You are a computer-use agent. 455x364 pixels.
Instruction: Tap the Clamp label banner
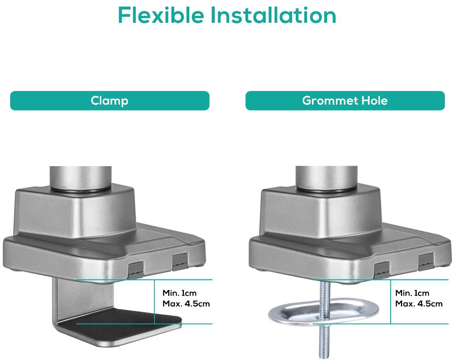[110, 101]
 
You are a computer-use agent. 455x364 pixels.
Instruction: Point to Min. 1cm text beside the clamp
[179, 293]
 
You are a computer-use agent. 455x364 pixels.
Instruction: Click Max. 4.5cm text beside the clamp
[186, 304]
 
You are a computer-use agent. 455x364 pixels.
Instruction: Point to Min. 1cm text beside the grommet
[412, 293]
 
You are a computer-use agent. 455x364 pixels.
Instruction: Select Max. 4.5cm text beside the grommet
[419, 304]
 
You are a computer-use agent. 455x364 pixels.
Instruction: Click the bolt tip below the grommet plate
[324, 356]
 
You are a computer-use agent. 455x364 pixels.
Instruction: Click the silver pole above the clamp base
[80, 178]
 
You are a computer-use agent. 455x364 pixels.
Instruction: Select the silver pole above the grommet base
[327, 178]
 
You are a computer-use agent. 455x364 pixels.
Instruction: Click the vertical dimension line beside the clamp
[154, 301]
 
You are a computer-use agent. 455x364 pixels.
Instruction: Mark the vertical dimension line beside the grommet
[390, 301]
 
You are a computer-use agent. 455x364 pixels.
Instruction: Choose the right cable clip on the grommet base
[426, 261]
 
